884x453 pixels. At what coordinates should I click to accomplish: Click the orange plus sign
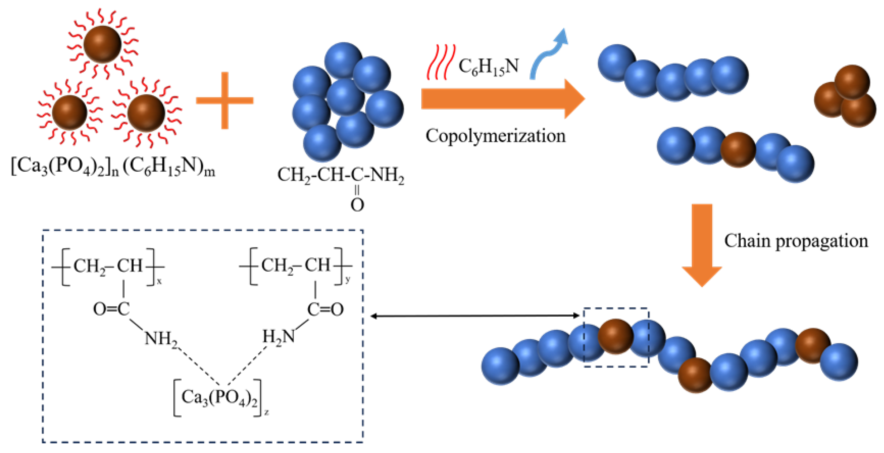click(225, 100)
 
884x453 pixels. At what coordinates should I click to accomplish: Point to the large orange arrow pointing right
click(501, 99)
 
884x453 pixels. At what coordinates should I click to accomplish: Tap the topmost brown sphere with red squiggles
click(102, 44)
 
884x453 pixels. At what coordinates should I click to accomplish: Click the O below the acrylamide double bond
click(357, 205)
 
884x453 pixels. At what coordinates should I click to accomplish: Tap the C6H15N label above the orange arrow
click(488, 67)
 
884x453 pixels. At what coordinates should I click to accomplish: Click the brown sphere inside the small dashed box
click(615, 336)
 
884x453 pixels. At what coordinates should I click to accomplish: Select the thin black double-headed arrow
click(475, 316)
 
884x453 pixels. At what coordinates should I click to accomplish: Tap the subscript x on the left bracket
click(159, 281)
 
